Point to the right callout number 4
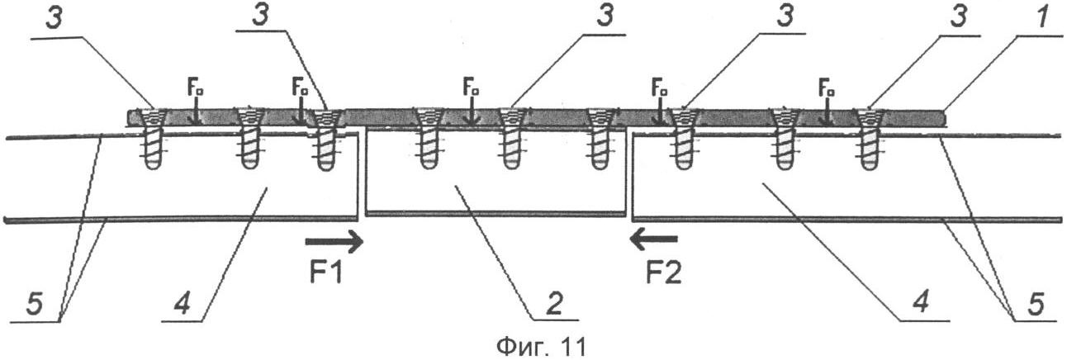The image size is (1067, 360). click(x=922, y=301)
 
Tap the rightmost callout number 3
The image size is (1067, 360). click(x=960, y=17)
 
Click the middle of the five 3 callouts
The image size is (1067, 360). click(x=605, y=17)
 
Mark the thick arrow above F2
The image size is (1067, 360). click(x=653, y=239)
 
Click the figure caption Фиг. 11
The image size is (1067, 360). click(x=541, y=347)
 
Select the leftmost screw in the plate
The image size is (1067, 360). click(x=154, y=139)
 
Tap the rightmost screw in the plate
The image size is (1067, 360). click(x=870, y=139)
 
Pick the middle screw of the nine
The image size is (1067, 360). click(x=513, y=139)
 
